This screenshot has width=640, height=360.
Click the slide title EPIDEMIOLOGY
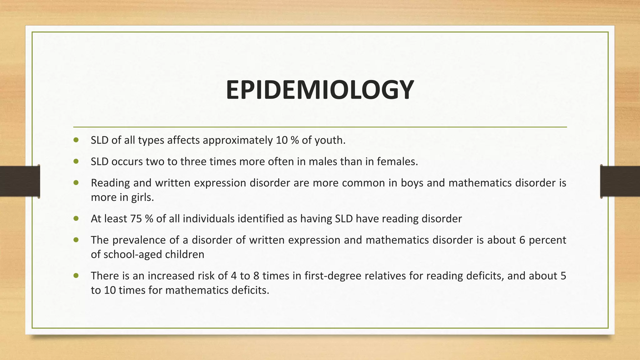[x=320, y=90]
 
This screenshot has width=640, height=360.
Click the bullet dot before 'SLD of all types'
[x=76, y=140]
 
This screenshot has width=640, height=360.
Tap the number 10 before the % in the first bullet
[x=282, y=140]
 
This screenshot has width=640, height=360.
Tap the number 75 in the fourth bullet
[x=136, y=219]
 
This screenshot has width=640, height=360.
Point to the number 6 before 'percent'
[x=522, y=240]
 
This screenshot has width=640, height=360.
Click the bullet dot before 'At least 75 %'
[x=76, y=218]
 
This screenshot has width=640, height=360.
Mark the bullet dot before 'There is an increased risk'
[x=76, y=276]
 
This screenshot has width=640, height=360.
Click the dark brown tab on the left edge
[x=20, y=181]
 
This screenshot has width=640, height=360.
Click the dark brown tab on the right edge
[x=620, y=181]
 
